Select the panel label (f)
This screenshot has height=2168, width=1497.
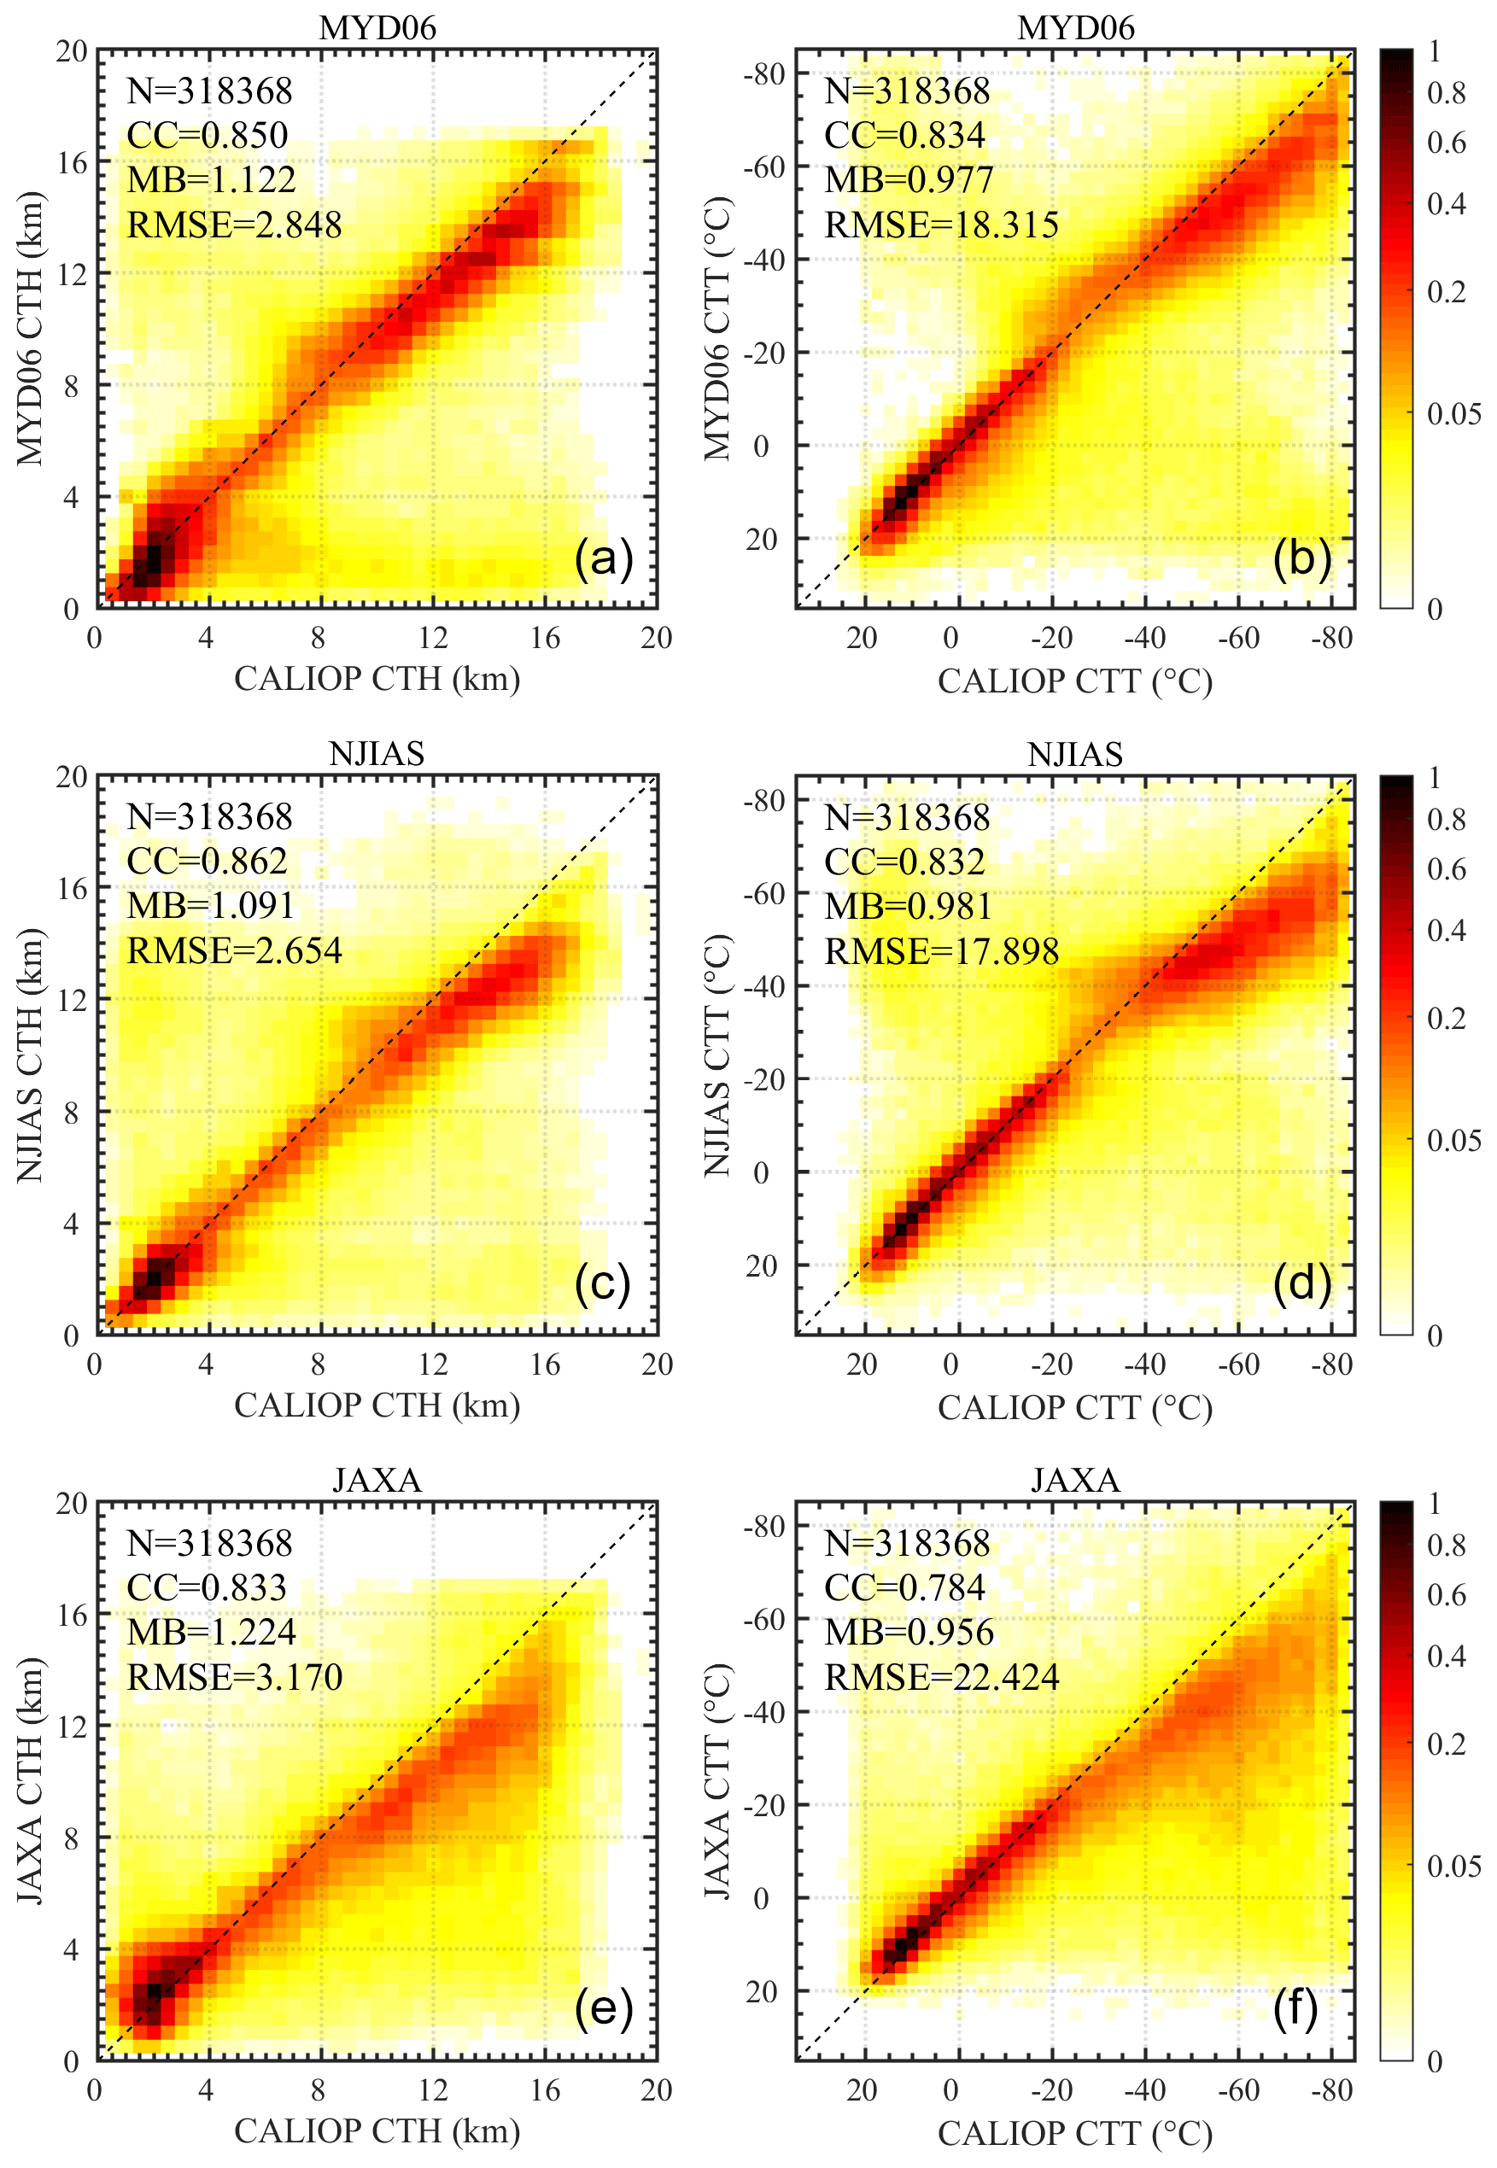pyautogui.click(x=1295, y=2008)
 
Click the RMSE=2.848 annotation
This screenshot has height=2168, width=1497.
pyautogui.click(x=235, y=225)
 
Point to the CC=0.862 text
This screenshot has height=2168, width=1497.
pyautogui.click(x=207, y=861)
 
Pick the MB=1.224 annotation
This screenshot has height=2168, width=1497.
pyautogui.click(x=211, y=1633)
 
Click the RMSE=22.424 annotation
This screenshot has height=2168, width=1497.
pyautogui.click(x=941, y=1678)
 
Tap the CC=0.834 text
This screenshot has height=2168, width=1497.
pyautogui.click(x=904, y=136)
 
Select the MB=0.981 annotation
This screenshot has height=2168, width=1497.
pyautogui.click(x=908, y=906)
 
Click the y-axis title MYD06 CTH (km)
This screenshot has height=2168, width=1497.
pyautogui.click(x=30, y=328)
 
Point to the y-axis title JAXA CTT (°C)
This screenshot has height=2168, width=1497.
pyautogui.click(x=717, y=1782)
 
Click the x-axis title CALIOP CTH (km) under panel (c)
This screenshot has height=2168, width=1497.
pyautogui.click(x=377, y=1405)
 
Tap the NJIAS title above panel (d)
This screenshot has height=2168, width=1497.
pyautogui.click(x=1075, y=754)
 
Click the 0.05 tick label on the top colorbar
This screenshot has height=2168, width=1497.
pyautogui.click(x=1453, y=413)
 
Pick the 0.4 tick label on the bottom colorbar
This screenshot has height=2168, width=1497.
pyautogui.click(x=1446, y=1656)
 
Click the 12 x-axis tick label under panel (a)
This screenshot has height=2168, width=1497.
pyautogui.click(x=432, y=639)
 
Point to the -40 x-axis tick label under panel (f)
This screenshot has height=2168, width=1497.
pyautogui.click(x=1144, y=2090)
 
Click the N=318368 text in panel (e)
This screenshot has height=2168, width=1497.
pyautogui.click(x=209, y=1544)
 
